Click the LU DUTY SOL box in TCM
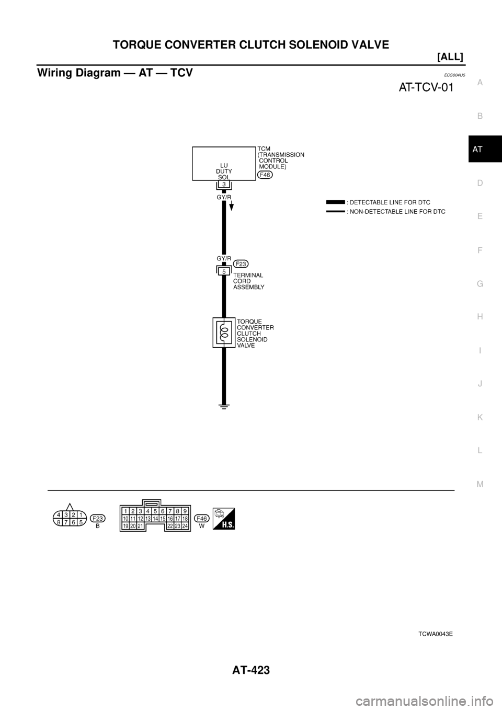(223, 164)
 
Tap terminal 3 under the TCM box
(223, 185)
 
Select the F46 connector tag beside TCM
(265, 176)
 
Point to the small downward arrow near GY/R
(232, 205)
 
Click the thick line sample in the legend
(335, 202)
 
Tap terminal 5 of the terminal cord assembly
(223, 271)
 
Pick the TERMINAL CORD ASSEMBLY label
(248, 281)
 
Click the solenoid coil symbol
(223, 332)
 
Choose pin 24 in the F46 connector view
(185, 525)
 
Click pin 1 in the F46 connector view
(126, 511)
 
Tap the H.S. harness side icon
(224, 518)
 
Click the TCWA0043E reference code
(435, 633)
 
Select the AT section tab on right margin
(479, 150)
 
